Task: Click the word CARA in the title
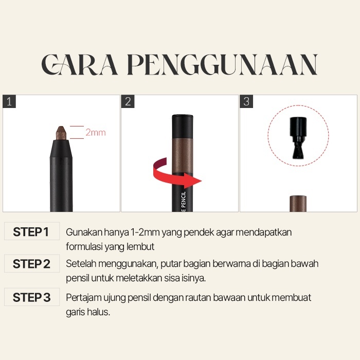[x=79, y=64]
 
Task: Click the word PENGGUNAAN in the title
[x=223, y=64]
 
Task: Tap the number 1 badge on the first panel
[x=9, y=101]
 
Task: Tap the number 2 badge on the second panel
[x=128, y=101]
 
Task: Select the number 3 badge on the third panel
[x=246, y=101]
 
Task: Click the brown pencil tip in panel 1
[x=61, y=133]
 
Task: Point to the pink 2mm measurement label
[x=96, y=133]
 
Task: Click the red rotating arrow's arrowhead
[x=195, y=181]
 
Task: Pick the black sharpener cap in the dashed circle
[x=298, y=138]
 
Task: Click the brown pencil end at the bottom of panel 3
[x=298, y=204]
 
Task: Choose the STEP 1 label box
[x=32, y=231]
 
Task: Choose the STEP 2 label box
[x=32, y=263]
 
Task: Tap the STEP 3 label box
[x=32, y=297]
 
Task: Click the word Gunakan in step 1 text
[x=84, y=232]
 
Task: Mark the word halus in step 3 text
[x=99, y=312]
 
